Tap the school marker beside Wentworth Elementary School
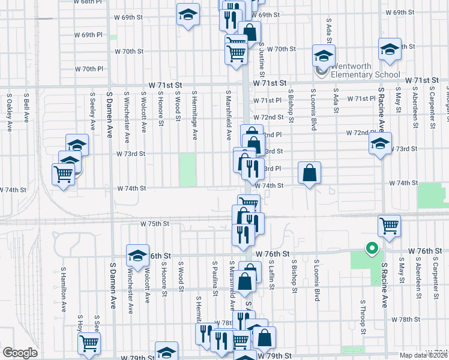[x=323, y=57]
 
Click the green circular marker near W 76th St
[x=372, y=247]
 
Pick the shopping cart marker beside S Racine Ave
[x=389, y=227]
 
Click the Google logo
[x=20, y=353]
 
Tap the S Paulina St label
[x=214, y=278]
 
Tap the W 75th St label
[x=155, y=224]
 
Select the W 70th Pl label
[x=93, y=69]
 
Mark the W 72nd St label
[x=268, y=117]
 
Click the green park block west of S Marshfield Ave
[x=188, y=170]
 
